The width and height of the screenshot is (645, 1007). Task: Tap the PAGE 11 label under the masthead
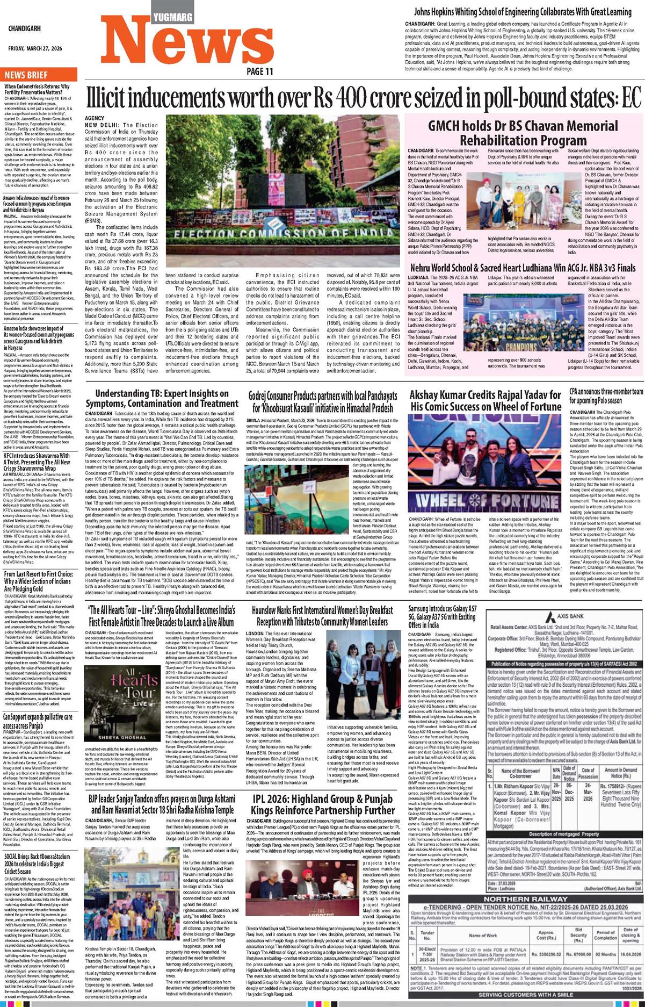(260, 71)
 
